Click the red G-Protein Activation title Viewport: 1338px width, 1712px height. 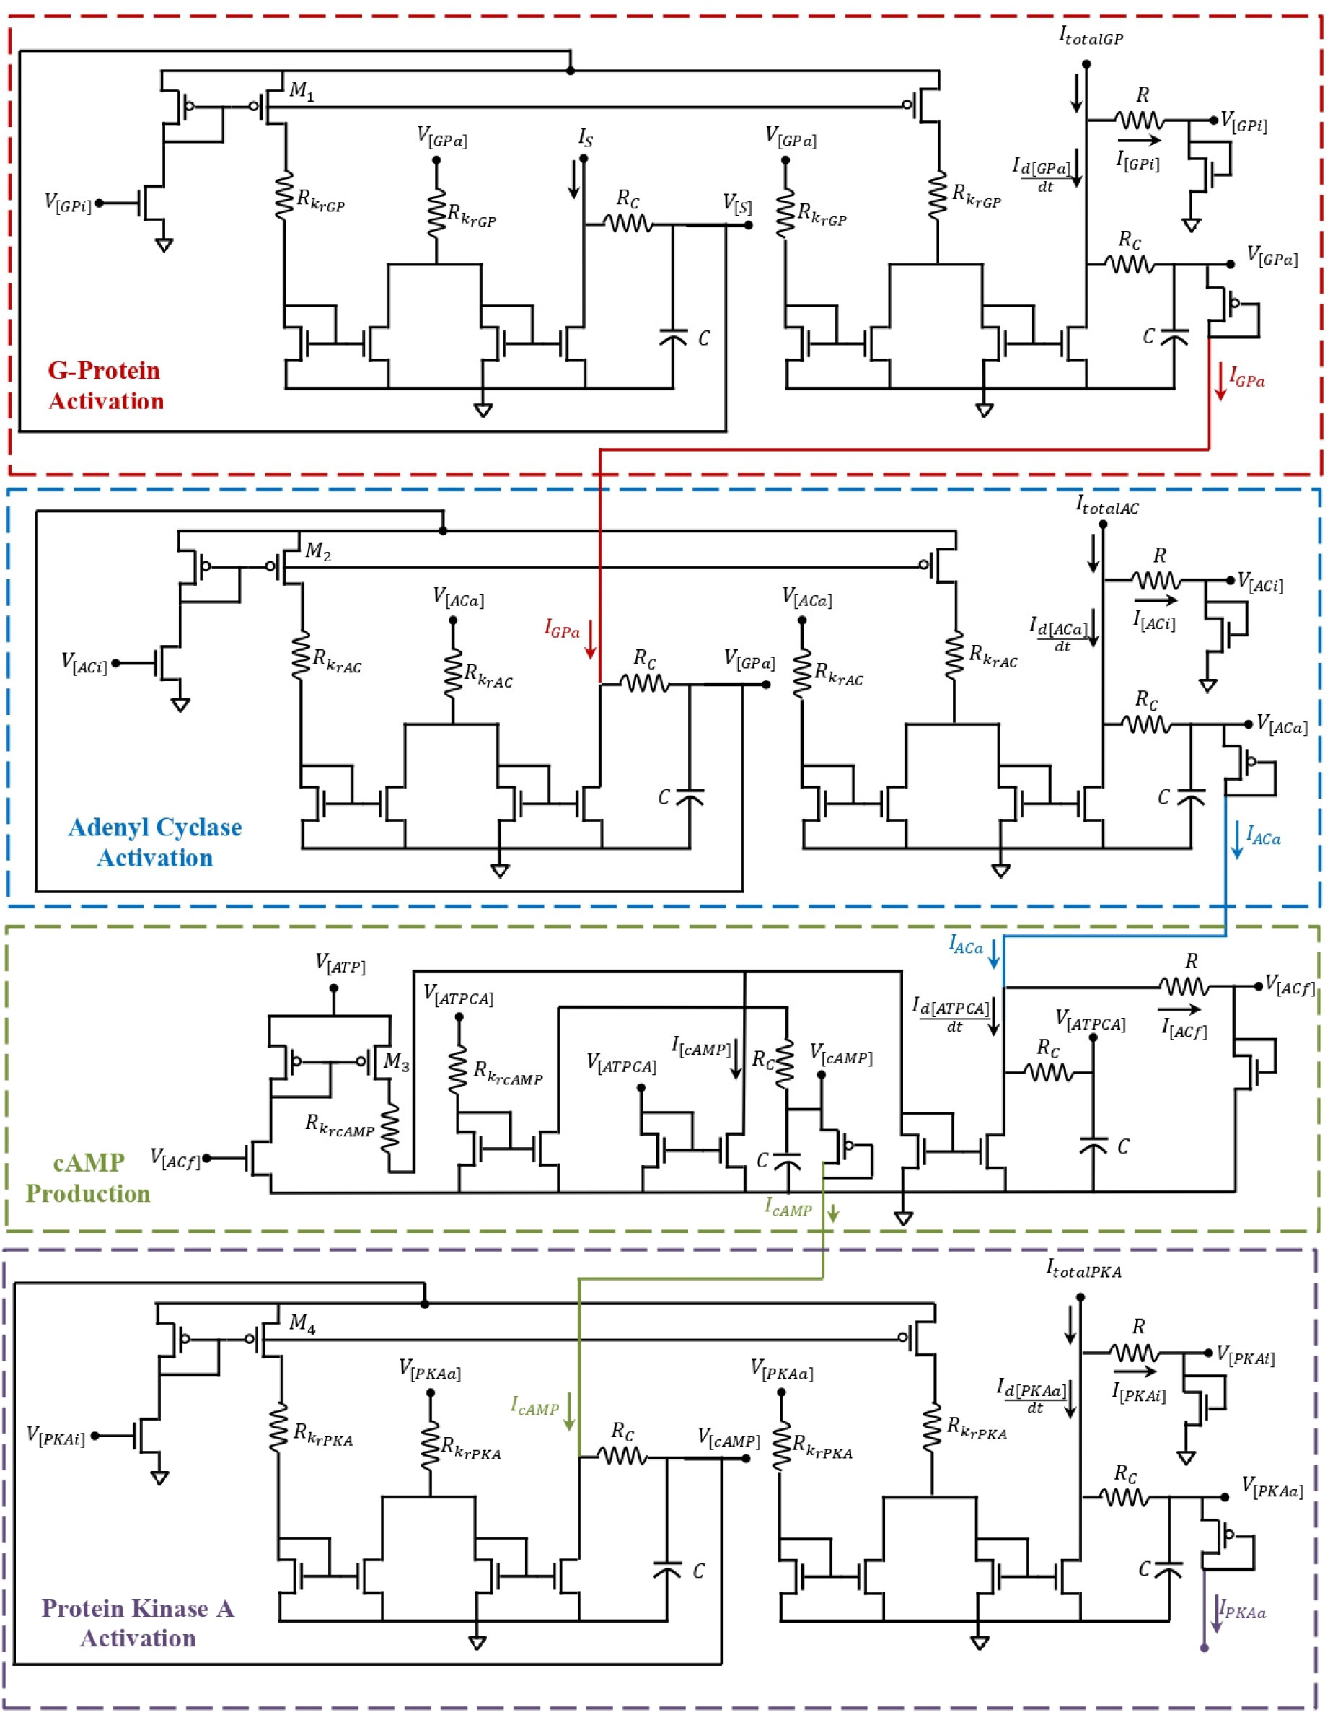[105, 386]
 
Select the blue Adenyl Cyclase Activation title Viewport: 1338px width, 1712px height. [154, 843]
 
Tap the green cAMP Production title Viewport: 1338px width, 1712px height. [88, 1177]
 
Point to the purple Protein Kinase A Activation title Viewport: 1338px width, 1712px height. [138, 1623]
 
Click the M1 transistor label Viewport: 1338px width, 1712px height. [302, 91]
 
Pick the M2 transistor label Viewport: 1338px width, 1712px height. [318, 552]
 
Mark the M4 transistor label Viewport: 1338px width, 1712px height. [302, 1324]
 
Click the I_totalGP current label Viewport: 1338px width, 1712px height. [1091, 36]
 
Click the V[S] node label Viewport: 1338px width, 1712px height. [736, 206]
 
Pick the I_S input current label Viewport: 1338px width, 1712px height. [586, 139]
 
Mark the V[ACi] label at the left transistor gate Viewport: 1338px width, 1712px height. [84, 663]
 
